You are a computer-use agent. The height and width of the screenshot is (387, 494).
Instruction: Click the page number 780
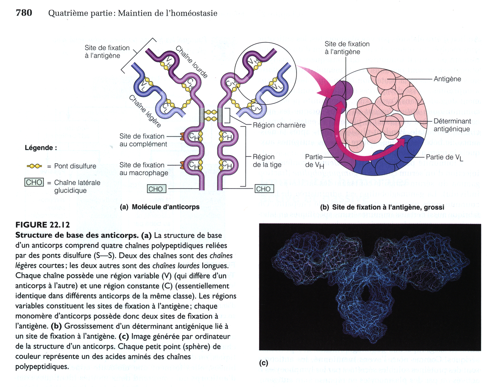24,13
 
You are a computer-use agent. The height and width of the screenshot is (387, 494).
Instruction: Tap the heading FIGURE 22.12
43,225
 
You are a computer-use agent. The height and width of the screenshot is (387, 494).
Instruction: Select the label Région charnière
279,125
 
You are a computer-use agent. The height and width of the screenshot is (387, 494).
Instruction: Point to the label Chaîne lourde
191,62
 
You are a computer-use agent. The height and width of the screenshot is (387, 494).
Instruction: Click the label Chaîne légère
145,111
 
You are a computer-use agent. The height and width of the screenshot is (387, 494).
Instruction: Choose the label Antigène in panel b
447,79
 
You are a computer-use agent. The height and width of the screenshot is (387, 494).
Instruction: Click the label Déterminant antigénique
452,125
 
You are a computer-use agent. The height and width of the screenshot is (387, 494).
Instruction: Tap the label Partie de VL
444,158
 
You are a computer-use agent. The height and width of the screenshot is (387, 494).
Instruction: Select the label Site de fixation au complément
143,140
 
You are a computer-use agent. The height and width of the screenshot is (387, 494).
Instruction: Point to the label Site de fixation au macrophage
144,169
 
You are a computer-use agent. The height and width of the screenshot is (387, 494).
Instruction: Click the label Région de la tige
267,161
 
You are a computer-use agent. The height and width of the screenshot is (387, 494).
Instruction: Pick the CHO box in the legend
34,182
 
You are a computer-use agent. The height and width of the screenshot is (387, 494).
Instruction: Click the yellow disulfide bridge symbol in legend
34,166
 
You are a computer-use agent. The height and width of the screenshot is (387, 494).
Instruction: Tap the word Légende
41,148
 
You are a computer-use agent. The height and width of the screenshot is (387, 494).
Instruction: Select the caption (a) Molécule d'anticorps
160,207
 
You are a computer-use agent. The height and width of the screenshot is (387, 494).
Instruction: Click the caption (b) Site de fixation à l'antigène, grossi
382,207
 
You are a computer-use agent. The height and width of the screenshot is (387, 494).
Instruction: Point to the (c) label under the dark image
263,363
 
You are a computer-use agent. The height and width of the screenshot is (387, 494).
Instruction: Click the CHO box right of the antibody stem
263,189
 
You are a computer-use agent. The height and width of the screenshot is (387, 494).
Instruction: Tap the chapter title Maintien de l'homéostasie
167,13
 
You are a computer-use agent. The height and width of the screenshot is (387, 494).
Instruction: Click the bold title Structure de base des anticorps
77,235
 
